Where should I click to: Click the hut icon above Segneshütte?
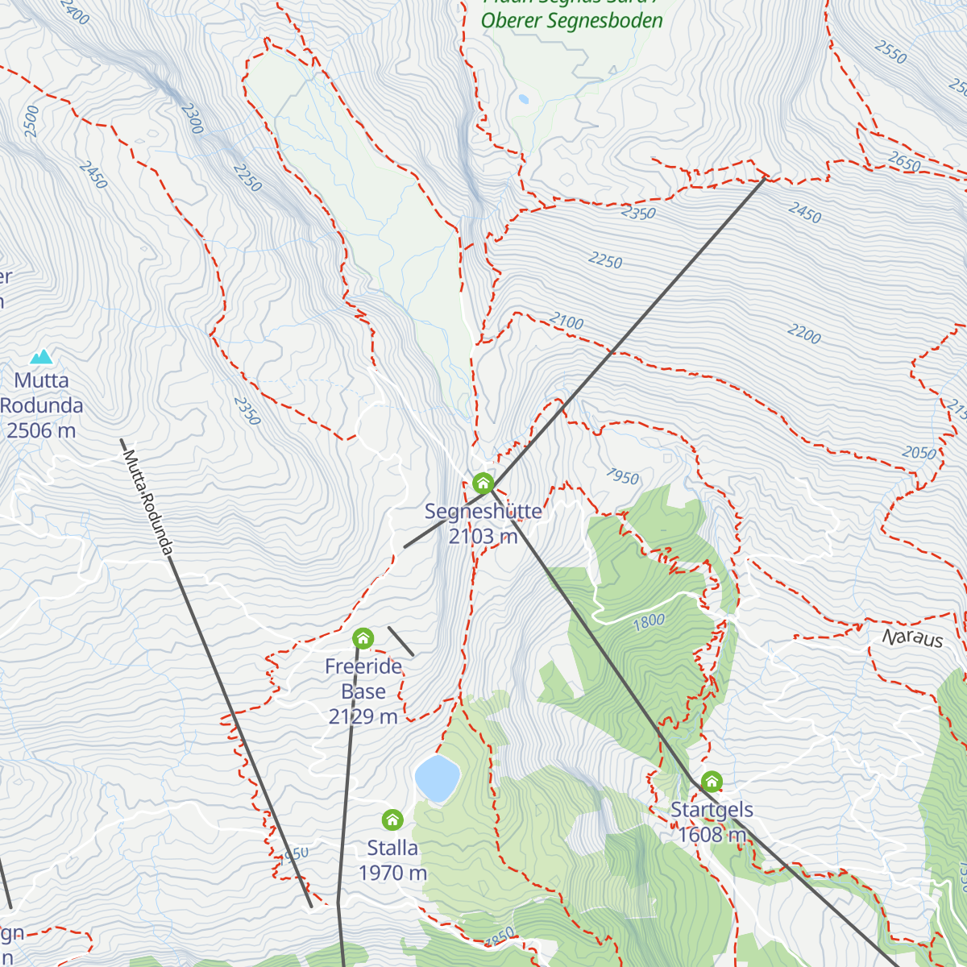coord(483,483)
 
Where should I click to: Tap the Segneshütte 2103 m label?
coord(483,524)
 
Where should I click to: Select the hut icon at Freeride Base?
coord(363,639)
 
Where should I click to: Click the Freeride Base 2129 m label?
coord(363,691)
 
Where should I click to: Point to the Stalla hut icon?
coord(392,820)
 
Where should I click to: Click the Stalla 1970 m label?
coord(392,860)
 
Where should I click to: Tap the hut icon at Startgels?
coord(712,782)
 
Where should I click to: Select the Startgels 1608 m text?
coord(712,822)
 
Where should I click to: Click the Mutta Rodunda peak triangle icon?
coord(41,356)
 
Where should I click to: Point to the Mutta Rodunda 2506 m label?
coord(42,405)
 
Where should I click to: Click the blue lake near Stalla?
coord(437,778)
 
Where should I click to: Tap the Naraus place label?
coord(912,638)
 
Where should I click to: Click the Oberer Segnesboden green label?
coord(572,21)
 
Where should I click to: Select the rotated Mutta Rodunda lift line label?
coord(147,502)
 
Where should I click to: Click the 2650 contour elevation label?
coord(904,162)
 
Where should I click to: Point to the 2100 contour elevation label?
coord(567,322)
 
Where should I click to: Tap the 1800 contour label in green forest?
coord(649,620)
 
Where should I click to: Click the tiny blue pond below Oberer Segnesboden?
coord(524,100)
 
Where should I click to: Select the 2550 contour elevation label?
coord(890,53)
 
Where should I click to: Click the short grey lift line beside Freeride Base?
coord(400,641)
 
